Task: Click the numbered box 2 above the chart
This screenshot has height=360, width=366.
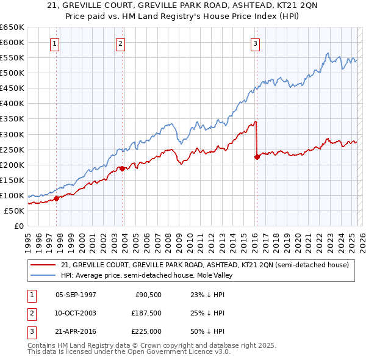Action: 121,43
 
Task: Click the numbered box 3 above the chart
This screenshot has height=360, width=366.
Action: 255,43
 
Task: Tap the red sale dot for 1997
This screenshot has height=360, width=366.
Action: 57,198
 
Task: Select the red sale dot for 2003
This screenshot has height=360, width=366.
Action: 122,168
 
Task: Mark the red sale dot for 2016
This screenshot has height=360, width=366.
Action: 257,157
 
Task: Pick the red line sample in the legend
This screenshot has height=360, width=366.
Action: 43,265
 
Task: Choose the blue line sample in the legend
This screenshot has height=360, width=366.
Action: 43,275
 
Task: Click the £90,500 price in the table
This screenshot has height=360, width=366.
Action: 148,294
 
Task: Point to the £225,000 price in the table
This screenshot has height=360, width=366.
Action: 146,332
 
